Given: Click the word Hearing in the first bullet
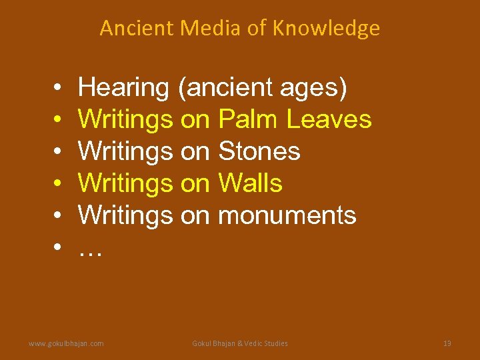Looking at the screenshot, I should (x=123, y=87).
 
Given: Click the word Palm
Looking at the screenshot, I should (x=249, y=119).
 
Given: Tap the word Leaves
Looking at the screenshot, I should (x=329, y=119).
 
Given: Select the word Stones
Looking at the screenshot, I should (x=259, y=151).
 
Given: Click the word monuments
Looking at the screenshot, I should (x=287, y=215).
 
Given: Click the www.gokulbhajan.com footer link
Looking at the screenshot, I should (x=66, y=343).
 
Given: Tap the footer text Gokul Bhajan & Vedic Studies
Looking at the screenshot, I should (x=240, y=343).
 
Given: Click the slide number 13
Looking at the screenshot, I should (x=447, y=343).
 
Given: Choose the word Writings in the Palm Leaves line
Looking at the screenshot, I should (x=125, y=119).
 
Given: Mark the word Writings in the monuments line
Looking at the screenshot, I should (x=125, y=215).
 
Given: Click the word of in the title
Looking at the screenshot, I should (x=242, y=29).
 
